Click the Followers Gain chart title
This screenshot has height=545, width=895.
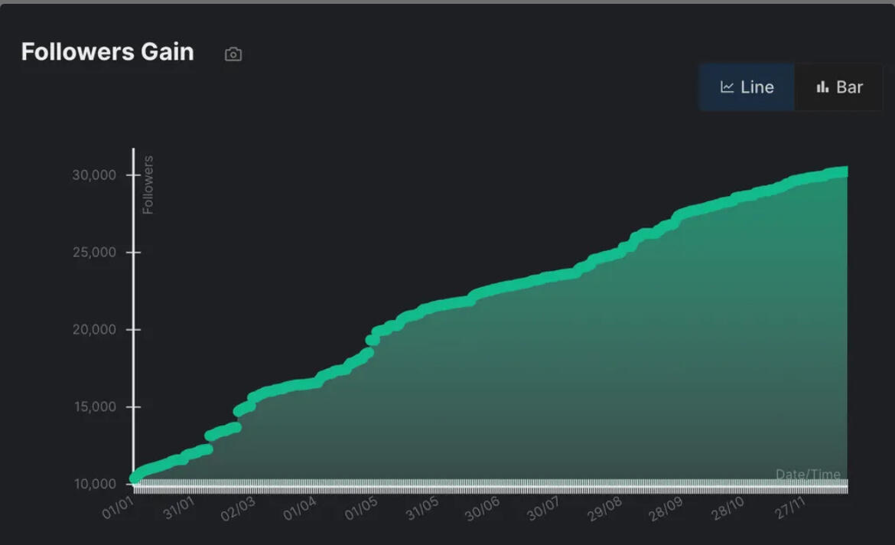[107, 52]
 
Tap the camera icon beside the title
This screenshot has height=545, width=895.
[233, 54]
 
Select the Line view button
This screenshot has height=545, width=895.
[747, 87]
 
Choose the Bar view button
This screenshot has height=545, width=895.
[839, 87]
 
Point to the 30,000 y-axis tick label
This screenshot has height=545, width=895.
[94, 175]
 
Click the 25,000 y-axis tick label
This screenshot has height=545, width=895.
[94, 253]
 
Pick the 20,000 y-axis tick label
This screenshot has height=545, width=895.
[94, 330]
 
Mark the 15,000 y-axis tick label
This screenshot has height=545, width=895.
[94, 407]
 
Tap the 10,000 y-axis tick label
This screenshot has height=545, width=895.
[94, 485]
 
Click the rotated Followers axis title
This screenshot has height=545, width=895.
[148, 184]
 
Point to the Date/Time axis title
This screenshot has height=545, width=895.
[808, 475]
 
